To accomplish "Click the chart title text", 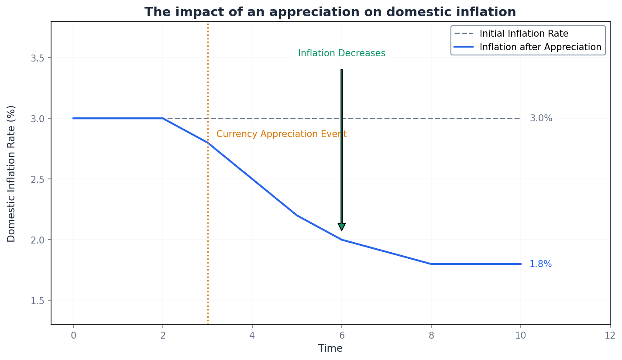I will (330, 12).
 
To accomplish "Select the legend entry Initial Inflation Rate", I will (523, 34).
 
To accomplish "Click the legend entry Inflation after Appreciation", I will (540, 47).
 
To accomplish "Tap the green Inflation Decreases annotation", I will (341, 53).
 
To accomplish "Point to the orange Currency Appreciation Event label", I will (281, 134).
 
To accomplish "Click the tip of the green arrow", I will (342, 230).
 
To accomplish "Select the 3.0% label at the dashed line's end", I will (541, 118).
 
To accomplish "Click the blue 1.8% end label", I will (540, 264).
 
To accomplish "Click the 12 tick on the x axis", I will (610, 335).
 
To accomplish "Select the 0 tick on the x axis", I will (73, 335).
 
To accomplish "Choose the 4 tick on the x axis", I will (252, 335).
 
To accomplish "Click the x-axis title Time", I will (330, 349).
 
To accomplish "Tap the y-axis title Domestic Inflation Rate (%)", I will (11, 173).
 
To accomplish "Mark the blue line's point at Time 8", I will (431, 264).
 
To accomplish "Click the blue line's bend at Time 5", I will (297, 216).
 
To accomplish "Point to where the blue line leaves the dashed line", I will (163, 118).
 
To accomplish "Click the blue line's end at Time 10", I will (520, 264).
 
